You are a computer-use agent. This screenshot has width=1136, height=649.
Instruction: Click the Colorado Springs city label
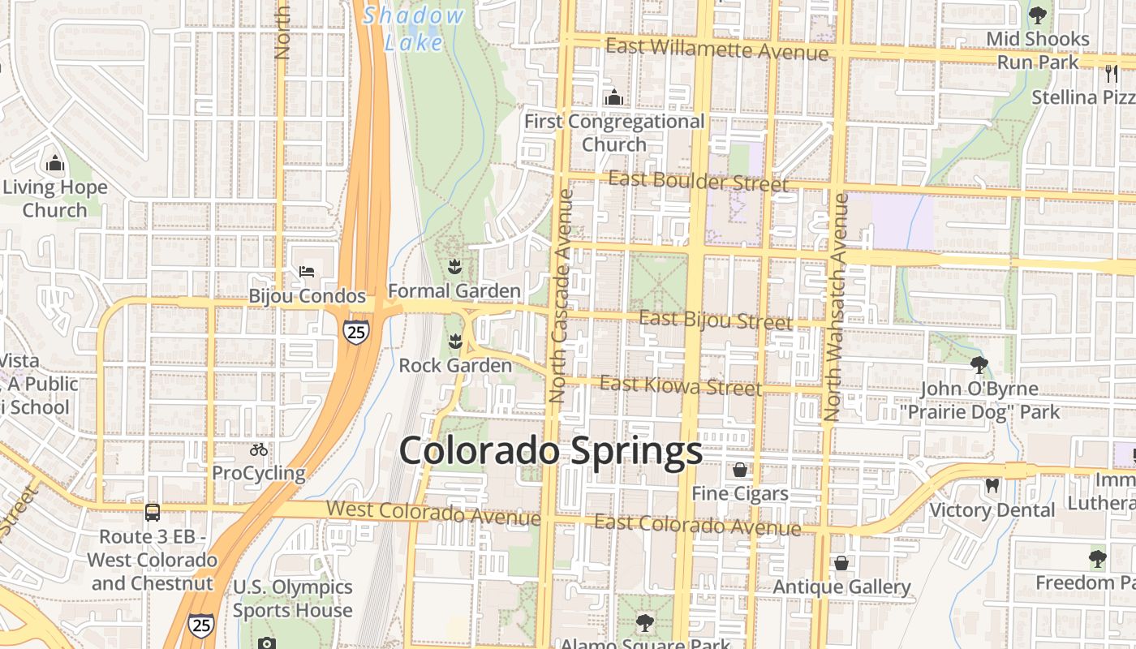pos(550,452)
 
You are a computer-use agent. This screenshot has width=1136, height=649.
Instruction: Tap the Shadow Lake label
pos(414,28)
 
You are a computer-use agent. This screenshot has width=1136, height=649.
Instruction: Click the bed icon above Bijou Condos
pos(306,271)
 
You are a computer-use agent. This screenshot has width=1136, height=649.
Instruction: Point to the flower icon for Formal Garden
pos(454,265)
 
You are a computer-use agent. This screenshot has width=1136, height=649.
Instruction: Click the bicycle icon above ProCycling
pos(259,449)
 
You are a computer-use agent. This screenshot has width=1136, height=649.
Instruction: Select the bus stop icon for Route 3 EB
pos(153,512)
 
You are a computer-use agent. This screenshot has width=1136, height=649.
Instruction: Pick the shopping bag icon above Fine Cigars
pos(740,470)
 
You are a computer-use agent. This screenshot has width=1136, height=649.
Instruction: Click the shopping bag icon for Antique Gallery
pos(841,562)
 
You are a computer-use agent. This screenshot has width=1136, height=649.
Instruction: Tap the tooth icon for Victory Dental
pos(992,486)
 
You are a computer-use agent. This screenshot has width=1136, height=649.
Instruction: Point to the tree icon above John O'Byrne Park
pos(979,364)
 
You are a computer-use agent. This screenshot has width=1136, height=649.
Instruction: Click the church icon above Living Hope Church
pos(54,163)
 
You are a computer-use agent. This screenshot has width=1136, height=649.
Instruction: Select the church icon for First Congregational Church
pos(614,97)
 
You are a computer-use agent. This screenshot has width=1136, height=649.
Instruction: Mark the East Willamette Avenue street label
pos(717,49)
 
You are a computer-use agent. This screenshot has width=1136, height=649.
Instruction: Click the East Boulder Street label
pos(698,181)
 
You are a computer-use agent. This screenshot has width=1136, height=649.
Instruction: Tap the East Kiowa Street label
pos(681,385)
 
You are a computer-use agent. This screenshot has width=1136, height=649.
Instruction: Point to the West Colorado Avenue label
pos(433,512)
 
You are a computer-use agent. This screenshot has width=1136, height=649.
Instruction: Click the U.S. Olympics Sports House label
pos(292,598)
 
